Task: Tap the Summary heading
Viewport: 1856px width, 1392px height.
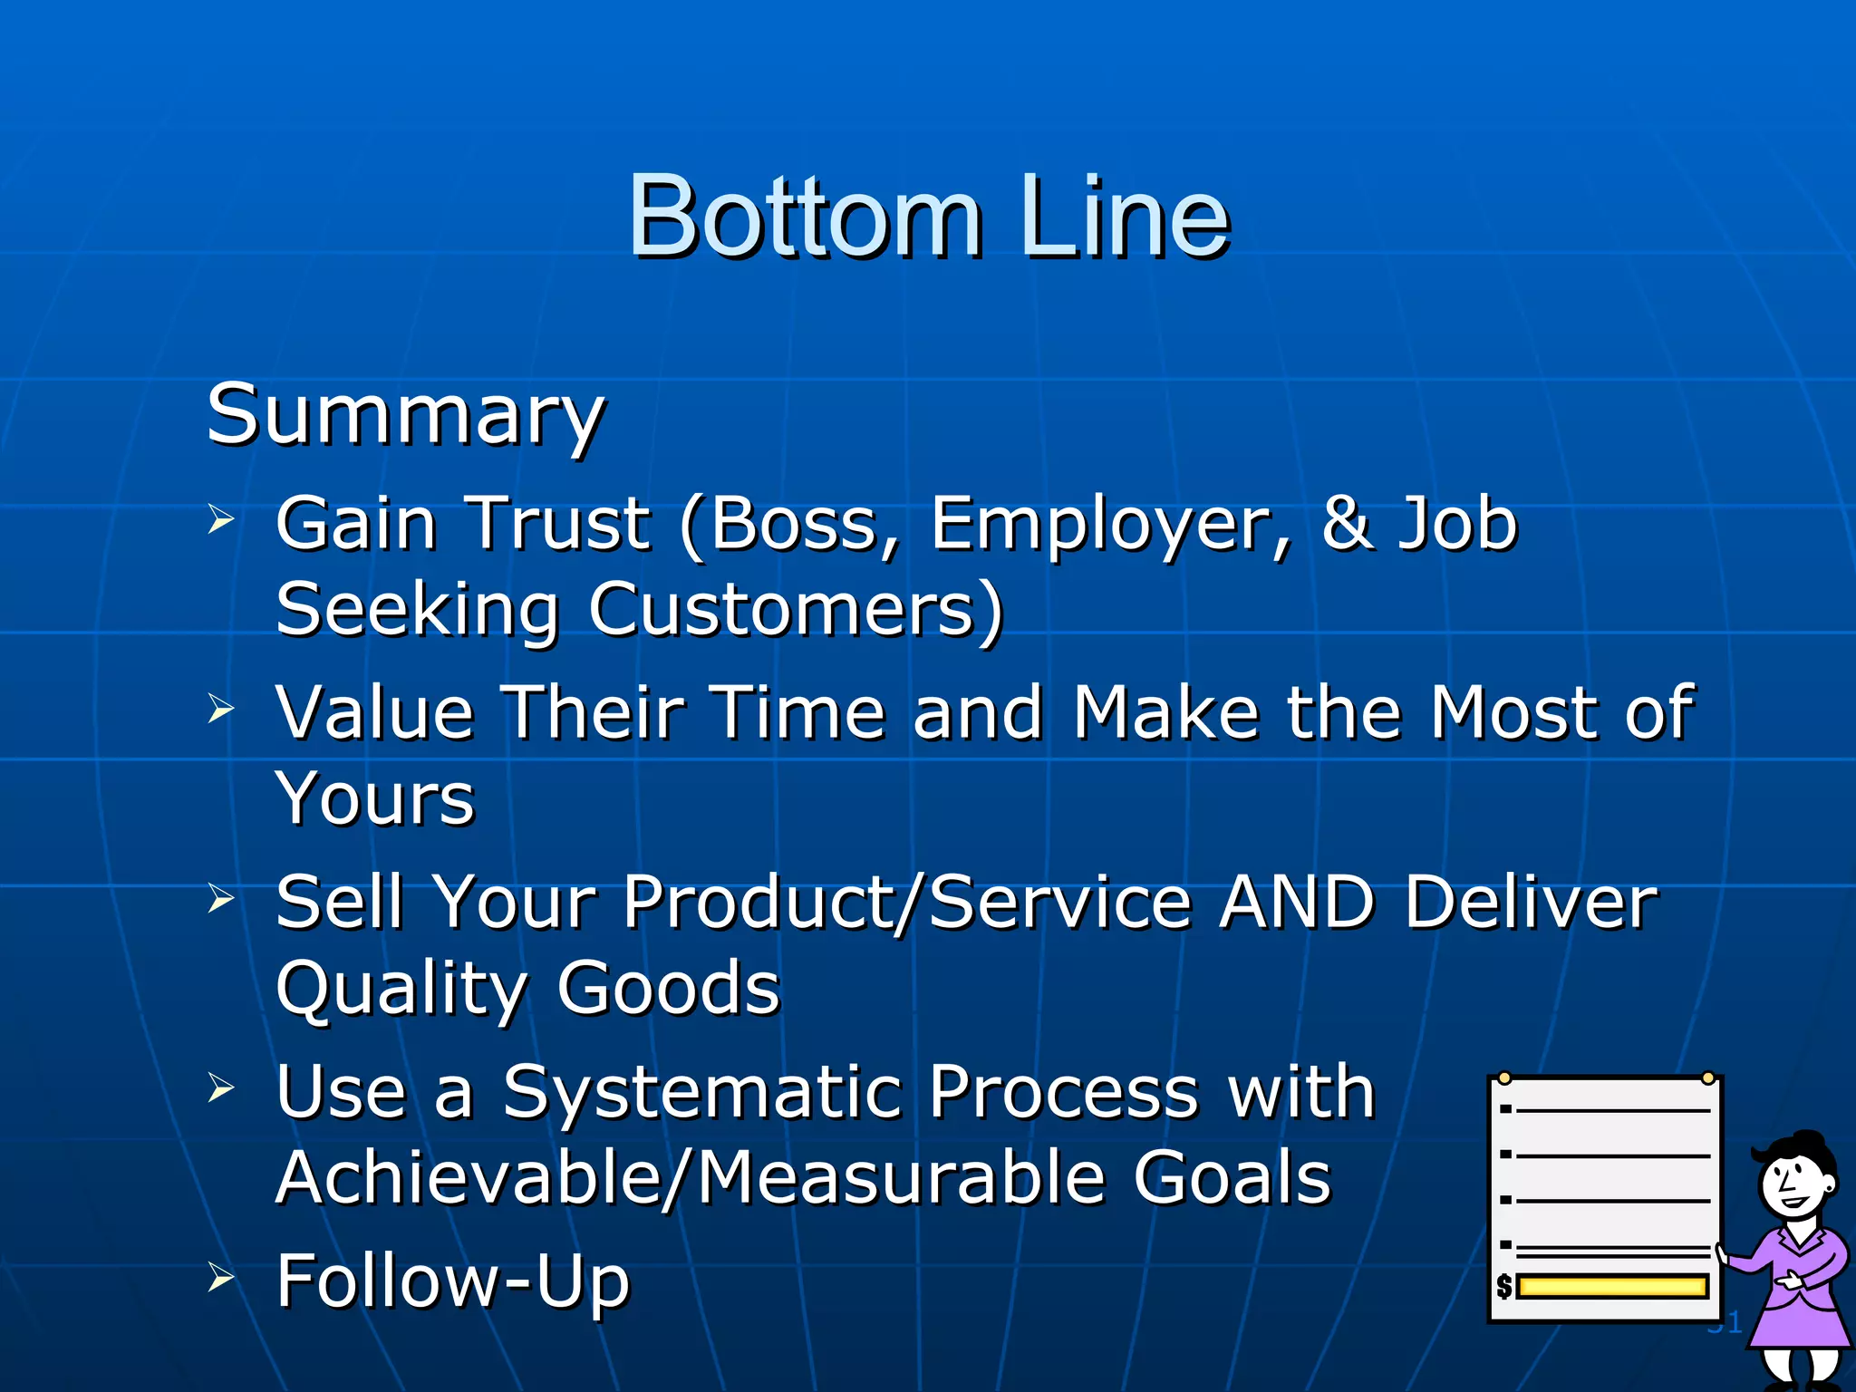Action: coord(405,415)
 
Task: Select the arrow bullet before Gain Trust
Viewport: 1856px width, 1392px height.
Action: coord(220,520)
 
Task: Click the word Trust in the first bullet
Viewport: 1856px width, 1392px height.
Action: coord(559,524)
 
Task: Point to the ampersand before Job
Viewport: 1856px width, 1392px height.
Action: coord(1348,524)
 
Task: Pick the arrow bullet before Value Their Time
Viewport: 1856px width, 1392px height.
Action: coord(220,709)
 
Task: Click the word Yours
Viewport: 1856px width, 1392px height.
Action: coord(375,799)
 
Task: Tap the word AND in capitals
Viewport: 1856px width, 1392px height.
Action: coord(1298,903)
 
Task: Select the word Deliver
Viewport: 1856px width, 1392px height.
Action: coord(1532,903)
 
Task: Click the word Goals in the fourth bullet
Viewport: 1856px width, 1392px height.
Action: coord(1232,1178)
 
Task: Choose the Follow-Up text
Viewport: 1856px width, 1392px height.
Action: coord(452,1281)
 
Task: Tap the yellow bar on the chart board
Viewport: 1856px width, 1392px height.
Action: coord(1612,1286)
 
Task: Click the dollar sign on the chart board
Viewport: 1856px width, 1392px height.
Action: coord(1504,1286)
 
